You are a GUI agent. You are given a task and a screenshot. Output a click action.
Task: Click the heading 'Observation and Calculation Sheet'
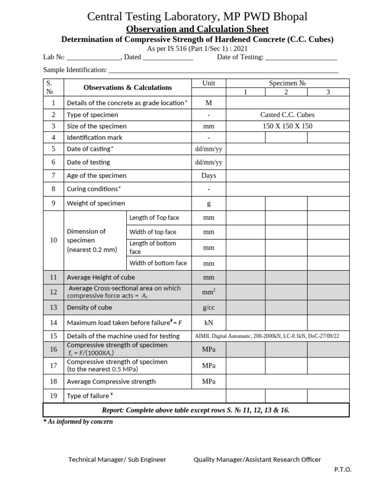point(197,29)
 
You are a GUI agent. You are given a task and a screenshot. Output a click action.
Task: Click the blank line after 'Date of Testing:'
point(301,57)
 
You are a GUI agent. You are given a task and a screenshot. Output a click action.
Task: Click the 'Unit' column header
point(209,83)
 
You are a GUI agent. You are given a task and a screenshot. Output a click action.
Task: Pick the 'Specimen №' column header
point(287,83)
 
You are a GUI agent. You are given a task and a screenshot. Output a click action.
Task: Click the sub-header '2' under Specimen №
point(286,92)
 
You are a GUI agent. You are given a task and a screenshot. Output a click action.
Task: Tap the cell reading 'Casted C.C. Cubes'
point(287,115)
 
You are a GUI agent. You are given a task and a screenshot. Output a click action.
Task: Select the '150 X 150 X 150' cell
point(287,126)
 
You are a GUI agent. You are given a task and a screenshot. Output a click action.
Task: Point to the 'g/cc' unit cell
point(209,308)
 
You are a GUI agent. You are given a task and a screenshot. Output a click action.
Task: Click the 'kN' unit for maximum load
point(209,323)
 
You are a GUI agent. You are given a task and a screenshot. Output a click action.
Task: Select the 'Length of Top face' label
point(154,218)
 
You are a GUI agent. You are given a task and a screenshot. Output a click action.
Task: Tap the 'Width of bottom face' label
point(158,263)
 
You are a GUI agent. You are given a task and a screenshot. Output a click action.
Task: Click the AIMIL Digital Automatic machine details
point(267,336)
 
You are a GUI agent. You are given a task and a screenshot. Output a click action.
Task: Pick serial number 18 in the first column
point(53,382)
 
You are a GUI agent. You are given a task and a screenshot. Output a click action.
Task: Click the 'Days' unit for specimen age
point(209,175)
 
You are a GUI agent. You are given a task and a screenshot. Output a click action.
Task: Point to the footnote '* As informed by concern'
point(78,422)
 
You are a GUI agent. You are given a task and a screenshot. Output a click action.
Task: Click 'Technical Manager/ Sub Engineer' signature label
point(117,459)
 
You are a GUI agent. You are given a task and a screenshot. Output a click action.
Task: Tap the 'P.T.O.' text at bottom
point(343,469)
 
